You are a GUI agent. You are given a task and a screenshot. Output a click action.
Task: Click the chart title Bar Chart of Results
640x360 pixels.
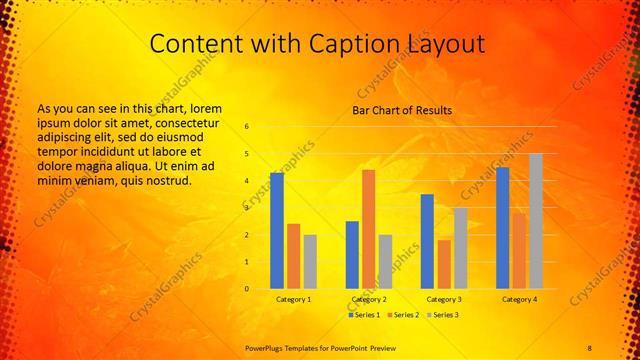(402, 110)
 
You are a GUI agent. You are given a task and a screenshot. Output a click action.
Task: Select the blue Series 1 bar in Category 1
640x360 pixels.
(277, 230)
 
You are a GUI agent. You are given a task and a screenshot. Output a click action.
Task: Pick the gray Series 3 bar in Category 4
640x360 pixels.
(536, 221)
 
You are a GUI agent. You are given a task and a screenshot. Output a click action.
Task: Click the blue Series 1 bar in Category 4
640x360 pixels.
(502, 228)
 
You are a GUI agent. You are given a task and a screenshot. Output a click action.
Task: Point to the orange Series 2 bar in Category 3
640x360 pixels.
(444, 264)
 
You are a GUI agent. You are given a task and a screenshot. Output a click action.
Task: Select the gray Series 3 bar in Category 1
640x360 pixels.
(310, 261)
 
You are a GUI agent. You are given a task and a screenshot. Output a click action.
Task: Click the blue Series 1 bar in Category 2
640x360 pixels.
(352, 255)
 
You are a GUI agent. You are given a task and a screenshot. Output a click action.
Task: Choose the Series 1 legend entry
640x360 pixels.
(366, 315)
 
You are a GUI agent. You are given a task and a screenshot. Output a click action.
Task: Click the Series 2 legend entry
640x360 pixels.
(403, 315)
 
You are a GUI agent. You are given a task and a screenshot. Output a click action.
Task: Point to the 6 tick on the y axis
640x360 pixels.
(247, 127)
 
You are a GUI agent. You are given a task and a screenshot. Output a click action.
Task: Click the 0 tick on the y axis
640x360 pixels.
(247, 289)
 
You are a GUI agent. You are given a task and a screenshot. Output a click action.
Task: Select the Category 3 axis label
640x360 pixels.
(444, 299)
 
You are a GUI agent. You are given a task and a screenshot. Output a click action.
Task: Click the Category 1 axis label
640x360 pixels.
(294, 299)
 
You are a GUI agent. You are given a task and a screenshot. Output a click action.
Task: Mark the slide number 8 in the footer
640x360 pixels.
(589, 346)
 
